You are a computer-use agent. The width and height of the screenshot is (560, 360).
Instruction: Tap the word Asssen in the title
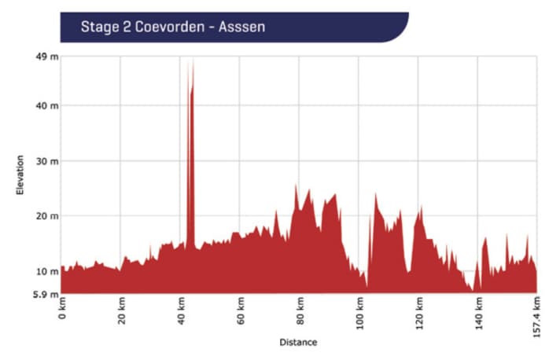(x=241, y=27)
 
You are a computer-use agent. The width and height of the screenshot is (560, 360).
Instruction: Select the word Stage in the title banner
(x=98, y=27)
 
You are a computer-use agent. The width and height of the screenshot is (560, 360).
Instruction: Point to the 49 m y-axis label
(x=47, y=57)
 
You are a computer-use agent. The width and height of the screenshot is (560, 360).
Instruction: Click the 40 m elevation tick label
(x=47, y=106)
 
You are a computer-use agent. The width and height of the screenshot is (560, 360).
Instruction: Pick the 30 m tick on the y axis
(x=47, y=161)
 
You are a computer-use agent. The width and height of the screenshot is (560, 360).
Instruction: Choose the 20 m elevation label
(x=47, y=216)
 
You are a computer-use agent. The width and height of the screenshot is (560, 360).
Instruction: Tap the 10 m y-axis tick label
(x=47, y=271)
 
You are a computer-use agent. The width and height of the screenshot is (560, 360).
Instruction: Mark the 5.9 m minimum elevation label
(x=45, y=294)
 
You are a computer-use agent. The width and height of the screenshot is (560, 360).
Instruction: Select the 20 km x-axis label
(x=121, y=309)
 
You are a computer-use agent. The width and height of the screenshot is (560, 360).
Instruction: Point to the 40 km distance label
(x=181, y=309)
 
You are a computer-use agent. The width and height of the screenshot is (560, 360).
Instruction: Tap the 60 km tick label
(x=241, y=309)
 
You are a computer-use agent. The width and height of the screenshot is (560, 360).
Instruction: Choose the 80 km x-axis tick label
(x=300, y=309)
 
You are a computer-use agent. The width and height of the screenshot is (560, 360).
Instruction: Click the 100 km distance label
(x=359, y=311)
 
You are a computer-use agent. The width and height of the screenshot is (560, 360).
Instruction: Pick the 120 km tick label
(x=419, y=311)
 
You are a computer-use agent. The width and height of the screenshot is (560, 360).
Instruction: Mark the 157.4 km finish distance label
(x=536, y=314)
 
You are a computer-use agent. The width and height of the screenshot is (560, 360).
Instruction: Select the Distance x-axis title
(x=298, y=343)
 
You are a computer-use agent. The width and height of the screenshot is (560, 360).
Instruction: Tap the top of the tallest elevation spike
(x=191, y=61)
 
